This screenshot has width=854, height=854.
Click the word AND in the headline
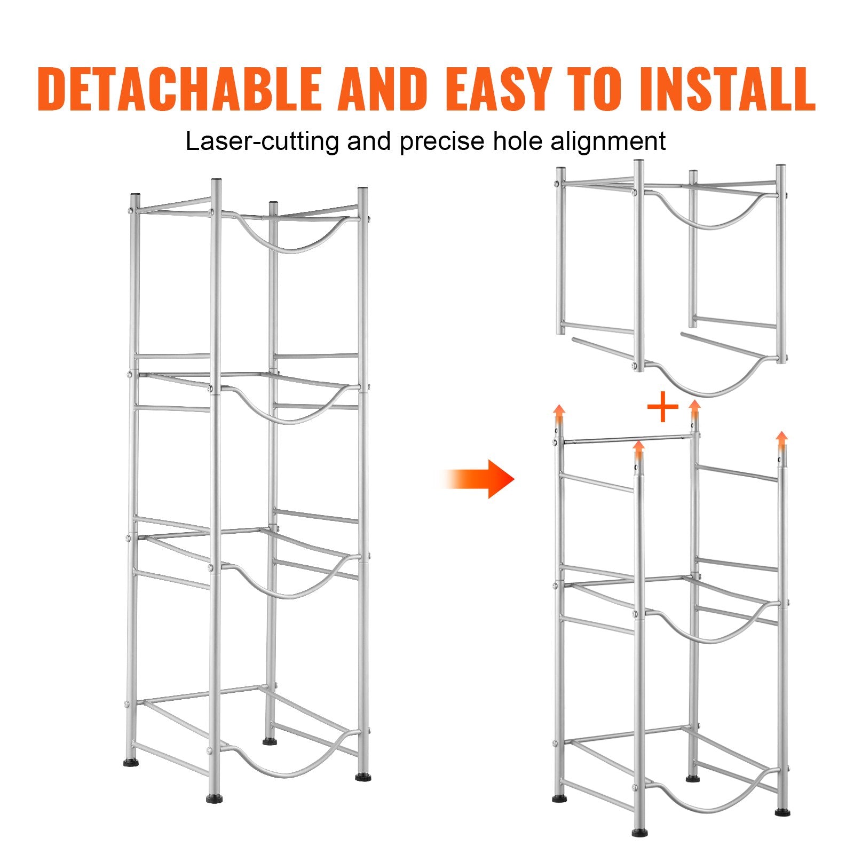(383, 89)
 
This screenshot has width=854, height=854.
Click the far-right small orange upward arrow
(781, 442)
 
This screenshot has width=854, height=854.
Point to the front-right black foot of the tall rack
(363, 777)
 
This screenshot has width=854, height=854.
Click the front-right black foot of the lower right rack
(782, 812)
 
